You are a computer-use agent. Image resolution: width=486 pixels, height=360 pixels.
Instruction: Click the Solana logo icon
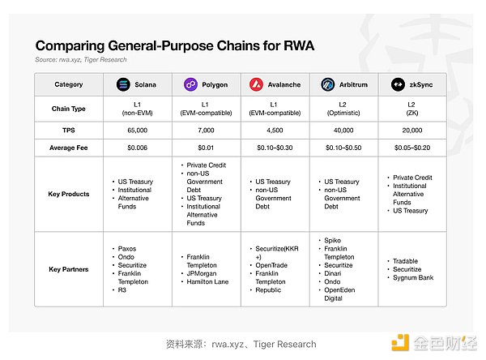pyautogui.click(x=123, y=84)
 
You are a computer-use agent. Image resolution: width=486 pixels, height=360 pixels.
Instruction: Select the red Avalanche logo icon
pyautogui.click(x=257, y=84)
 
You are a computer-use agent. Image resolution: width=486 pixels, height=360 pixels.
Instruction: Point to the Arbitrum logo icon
pyautogui.click(x=327, y=84)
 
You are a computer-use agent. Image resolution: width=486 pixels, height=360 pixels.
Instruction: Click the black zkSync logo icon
pyautogui.click(x=398, y=84)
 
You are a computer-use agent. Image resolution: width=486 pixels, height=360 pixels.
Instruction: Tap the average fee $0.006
pyautogui.click(x=139, y=148)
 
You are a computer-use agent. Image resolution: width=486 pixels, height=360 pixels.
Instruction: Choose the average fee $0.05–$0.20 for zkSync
pyautogui.click(x=412, y=148)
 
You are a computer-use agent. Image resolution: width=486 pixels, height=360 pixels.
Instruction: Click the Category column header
pyautogui.click(x=69, y=84)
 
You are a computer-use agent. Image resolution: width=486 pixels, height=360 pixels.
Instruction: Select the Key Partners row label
pyautogui.click(x=69, y=268)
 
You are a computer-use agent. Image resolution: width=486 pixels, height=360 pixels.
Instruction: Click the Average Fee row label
pyautogui.click(x=69, y=148)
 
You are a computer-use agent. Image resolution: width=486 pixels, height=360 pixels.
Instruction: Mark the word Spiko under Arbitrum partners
pyautogui.click(x=334, y=241)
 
